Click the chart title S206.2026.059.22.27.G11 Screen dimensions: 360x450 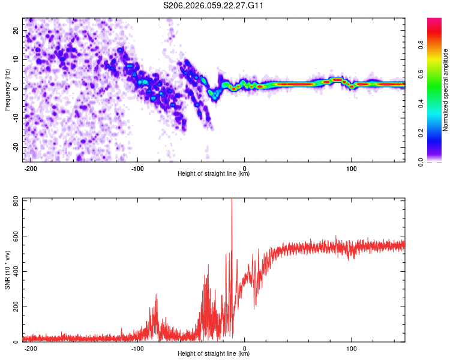tap(214, 5)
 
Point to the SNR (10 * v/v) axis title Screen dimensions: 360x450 tap(7, 270)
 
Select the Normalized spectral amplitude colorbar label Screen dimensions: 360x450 tap(446, 90)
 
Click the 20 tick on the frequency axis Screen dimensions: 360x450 tap(16, 30)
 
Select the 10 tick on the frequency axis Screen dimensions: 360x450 tap(16, 59)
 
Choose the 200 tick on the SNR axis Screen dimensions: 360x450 tap(14, 307)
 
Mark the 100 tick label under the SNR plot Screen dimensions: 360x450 tap(352, 348)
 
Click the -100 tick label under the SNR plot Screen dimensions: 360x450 tap(137, 348)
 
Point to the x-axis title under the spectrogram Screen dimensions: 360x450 tap(214, 174)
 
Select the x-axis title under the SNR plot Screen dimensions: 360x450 tap(214, 354)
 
